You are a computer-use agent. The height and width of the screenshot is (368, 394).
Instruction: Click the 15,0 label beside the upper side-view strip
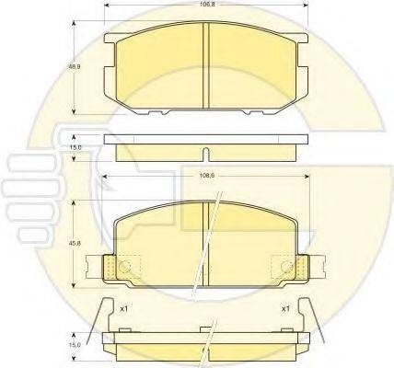pyautogui.click(x=76, y=146)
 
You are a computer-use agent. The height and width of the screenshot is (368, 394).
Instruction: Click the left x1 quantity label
pyautogui.click(x=122, y=307)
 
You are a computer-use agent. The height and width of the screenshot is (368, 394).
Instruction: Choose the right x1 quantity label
pyautogui.click(x=285, y=307)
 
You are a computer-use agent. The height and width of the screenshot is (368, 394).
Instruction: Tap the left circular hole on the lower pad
pyautogui.click(x=128, y=268)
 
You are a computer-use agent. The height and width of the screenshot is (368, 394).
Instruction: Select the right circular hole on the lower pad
pyautogui.click(x=284, y=268)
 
